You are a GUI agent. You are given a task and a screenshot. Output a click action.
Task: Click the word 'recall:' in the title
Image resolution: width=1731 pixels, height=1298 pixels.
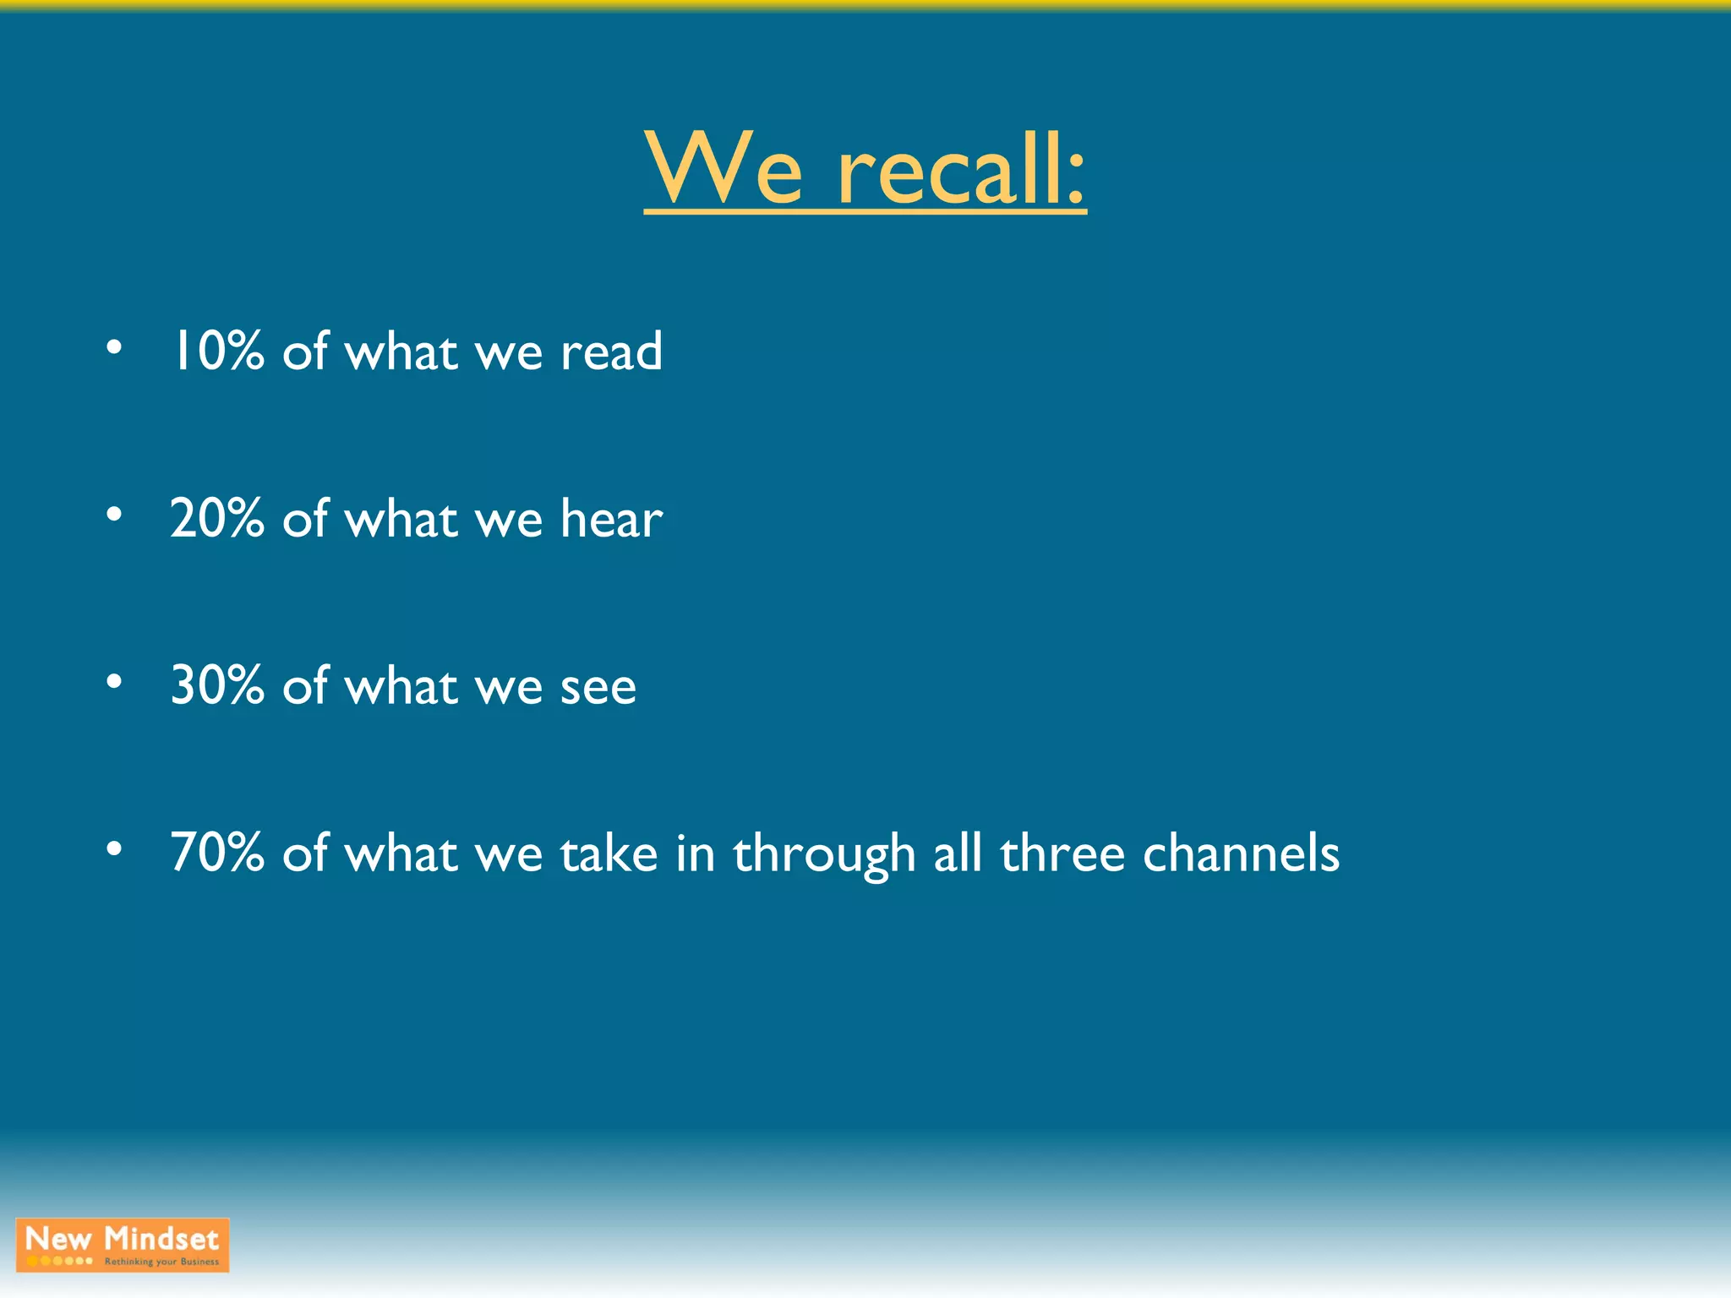pyautogui.click(x=962, y=169)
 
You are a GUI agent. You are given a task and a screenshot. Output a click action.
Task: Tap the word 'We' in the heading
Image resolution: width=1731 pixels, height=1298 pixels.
pyautogui.click(x=724, y=169)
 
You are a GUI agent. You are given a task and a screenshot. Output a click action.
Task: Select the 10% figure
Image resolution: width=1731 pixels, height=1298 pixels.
pyautogui.click(x=217, y=351)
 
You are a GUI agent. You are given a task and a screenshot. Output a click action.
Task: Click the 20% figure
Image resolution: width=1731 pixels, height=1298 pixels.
pyautogui.click(x=217, y=518)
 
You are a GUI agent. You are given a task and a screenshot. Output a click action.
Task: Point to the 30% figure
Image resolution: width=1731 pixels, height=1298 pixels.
pyautogui.click(x=217, y=685)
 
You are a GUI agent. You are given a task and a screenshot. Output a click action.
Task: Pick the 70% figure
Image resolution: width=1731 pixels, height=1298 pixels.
pyautogui.click(x=217, y=853)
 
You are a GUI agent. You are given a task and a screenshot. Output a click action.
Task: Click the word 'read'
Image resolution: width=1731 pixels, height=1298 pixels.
pyautogui.click(x=611, y=351)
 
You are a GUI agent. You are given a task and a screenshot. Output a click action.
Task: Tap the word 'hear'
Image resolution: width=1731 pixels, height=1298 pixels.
pyautogui.click(x=611, y=518)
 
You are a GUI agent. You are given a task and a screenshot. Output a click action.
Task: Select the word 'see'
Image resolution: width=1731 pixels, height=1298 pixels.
pyautogui.click(x=598, y=687)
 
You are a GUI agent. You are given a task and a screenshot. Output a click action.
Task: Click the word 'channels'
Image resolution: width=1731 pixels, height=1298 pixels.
pyautogui.click(x=1241, y=853)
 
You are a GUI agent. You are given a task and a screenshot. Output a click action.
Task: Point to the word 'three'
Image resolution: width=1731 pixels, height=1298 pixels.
pyautogui.click(x=1062, y=853)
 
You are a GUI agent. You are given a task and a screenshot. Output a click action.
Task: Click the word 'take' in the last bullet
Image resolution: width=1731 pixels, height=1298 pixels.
pyautogui.click(x=609, y=853)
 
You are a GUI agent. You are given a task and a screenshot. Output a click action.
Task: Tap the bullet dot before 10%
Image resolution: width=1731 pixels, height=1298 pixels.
pyautogui.click(x=114, y=346)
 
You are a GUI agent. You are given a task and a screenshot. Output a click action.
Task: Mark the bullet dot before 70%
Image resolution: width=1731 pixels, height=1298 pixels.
pyautogui.click(x=114, y=848)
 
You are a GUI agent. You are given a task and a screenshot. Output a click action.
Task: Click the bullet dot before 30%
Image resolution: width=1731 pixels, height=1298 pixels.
pyautogui.click(x=114, y=681)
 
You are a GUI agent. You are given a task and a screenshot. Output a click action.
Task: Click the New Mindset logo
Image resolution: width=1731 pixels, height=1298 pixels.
pyautogui.click(x=123, y=1244)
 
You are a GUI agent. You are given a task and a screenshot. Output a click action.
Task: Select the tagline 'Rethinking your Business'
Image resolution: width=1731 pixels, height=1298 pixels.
pyautogui.click(x=161, y=1262)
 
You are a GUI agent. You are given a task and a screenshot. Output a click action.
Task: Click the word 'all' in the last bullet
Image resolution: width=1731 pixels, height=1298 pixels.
pyautogui.click(x=958, y=853)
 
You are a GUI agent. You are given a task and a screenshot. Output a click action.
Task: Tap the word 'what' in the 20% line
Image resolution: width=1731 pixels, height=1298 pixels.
pyautogui.click(x=401, y=518)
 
